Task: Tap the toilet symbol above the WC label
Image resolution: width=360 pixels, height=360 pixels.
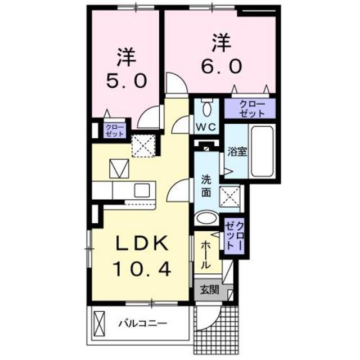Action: pyautogui.click(x=206, y=107)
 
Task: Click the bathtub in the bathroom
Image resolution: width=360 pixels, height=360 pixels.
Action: pyautogui.click(x=262, y=151)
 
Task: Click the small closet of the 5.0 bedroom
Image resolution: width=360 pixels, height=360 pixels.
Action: pyautogui.click(x=115, y=131)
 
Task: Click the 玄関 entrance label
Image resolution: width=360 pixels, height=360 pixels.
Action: pyautogui.click(x=210, y=291)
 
